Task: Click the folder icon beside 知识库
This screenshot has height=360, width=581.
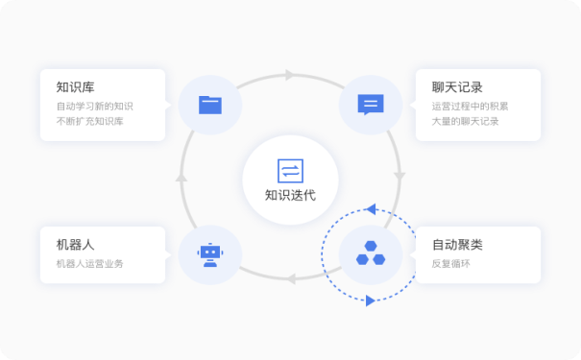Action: pyautogui.click(x=209, y=104)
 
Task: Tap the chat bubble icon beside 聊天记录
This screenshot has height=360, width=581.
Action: pyautogui.click(x=370, y=104)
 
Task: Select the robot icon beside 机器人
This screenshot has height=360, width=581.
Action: pyautogui.click(x=209, y=254)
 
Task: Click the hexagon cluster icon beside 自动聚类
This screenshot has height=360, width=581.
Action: pyautogui.click(x=370, y=254)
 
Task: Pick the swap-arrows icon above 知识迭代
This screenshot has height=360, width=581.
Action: pyautogui.click(x=290, y=171)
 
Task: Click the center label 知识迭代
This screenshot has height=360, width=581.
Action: pyautogui.click(x=290, y=196)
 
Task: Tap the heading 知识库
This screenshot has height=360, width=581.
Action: pyautogui.click(x=75, y=87)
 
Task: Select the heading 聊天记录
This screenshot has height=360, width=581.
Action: pyautogui.click(x=457, y=87)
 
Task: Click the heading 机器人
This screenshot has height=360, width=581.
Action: pyautogui.click(x=75, y=245)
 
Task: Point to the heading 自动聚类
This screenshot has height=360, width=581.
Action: pyautogui.click(x=457, y=245)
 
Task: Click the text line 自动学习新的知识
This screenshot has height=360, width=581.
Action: pyautogui.click(x=95, y=106)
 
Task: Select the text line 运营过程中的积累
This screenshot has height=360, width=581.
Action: pyautogui.click(x=471, y=106)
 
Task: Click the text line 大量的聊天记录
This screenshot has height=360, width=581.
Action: pyautogui.click(x=466, y=122)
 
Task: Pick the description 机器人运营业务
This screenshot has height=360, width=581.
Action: pyautogui.click(x=90, y=263)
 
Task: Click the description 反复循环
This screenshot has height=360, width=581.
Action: pyautogui.click(x=449, y=263)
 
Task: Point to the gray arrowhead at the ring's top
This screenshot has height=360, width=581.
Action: pyautogui.click(x=290, y=75)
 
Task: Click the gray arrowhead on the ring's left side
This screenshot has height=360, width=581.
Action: pyautogui.click(x=182, y=178)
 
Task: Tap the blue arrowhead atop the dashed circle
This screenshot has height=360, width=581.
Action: pyautogui.click(x=372, y=208)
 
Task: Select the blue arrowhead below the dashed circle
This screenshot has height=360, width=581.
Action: pyautogui.click(x=370, y=300)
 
